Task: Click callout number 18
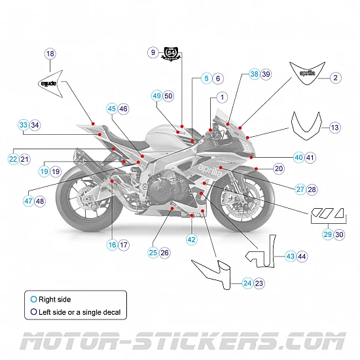click(x=50, y=54)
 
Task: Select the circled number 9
click(x=153, y=52)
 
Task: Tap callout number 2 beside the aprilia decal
click(x=334, y=78)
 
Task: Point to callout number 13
click(x=334, y=128)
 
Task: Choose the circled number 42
click(x=191, y=240)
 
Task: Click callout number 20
click(x=279, y=168)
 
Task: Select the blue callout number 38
click(x=254, y=75)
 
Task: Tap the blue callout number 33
click(x=23, y=124)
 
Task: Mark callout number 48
click(x=41, y=201)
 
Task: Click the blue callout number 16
click(x=112, y=245)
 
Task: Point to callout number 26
click(x=165, y=252)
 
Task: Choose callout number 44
click(x=302, y=257)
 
